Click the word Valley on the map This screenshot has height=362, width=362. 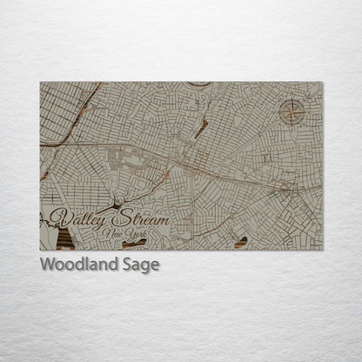point(73,216)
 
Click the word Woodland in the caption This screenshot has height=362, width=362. point(77,264)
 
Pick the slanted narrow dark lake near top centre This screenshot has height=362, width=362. point(202,129)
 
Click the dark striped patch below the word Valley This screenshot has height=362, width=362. point(66,238)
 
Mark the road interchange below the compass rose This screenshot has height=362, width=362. point(292,185)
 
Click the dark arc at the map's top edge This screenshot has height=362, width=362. point(198,84)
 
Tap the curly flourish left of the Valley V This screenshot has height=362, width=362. point(44,219)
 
